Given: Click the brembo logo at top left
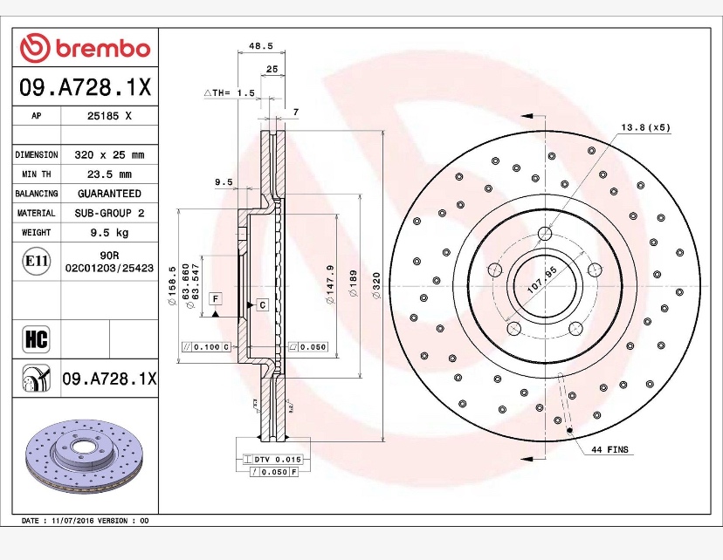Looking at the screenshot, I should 86,48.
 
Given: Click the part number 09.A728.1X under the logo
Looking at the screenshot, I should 86,87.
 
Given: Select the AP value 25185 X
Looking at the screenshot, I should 109,115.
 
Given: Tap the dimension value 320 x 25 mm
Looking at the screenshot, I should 109,154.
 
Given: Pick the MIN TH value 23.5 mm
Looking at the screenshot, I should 109,174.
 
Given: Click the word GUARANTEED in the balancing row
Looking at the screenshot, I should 109,193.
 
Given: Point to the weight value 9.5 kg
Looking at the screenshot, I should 109,232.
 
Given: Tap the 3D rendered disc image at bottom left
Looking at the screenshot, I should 86,458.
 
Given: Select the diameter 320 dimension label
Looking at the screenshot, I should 376,286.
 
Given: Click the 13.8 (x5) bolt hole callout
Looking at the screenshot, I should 645,127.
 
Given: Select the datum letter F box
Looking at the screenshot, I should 215,298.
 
